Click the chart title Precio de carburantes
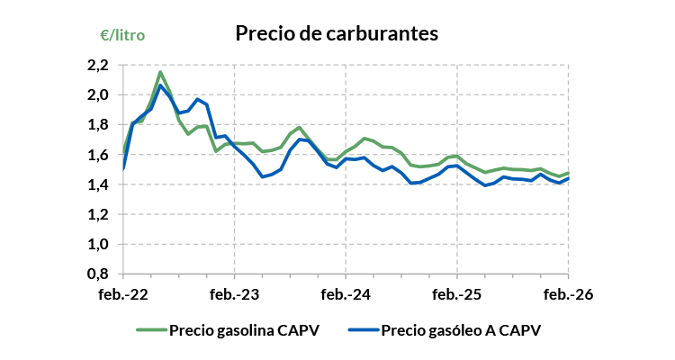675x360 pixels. [336, 33]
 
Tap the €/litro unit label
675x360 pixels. [121, 35]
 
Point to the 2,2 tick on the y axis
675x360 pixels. [97, 65]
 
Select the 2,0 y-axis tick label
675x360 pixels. [97, 94]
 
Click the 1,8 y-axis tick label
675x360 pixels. [97, 124]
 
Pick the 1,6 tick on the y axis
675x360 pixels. [97, 155]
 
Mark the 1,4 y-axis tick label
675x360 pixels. [97, 184]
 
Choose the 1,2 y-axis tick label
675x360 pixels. [97, 214]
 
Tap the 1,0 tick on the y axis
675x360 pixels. [97, 244]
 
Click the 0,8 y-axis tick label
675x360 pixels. [97, 274]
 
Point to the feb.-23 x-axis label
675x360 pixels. [234, 294]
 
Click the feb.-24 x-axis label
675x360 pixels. [346, 294]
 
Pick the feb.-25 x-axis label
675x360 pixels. [457, 294]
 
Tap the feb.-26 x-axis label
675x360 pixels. [569, 294]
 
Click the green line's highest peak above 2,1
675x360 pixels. [159, 72]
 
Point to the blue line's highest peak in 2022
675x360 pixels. [160, 85]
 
